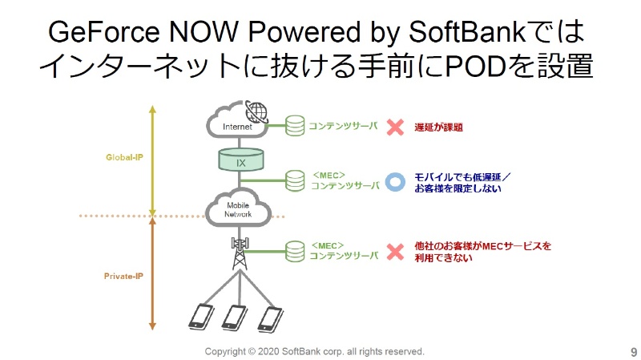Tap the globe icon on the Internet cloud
[x=256, y=111]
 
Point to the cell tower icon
[x=240, y=252]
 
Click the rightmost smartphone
[x=270, y=317]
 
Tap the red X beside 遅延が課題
[x=394, y=127]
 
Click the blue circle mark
[x=394, y=181]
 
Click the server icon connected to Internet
[x=296, y=126]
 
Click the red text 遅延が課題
[x=438, y=127]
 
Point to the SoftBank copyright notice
[x=314, y=352]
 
